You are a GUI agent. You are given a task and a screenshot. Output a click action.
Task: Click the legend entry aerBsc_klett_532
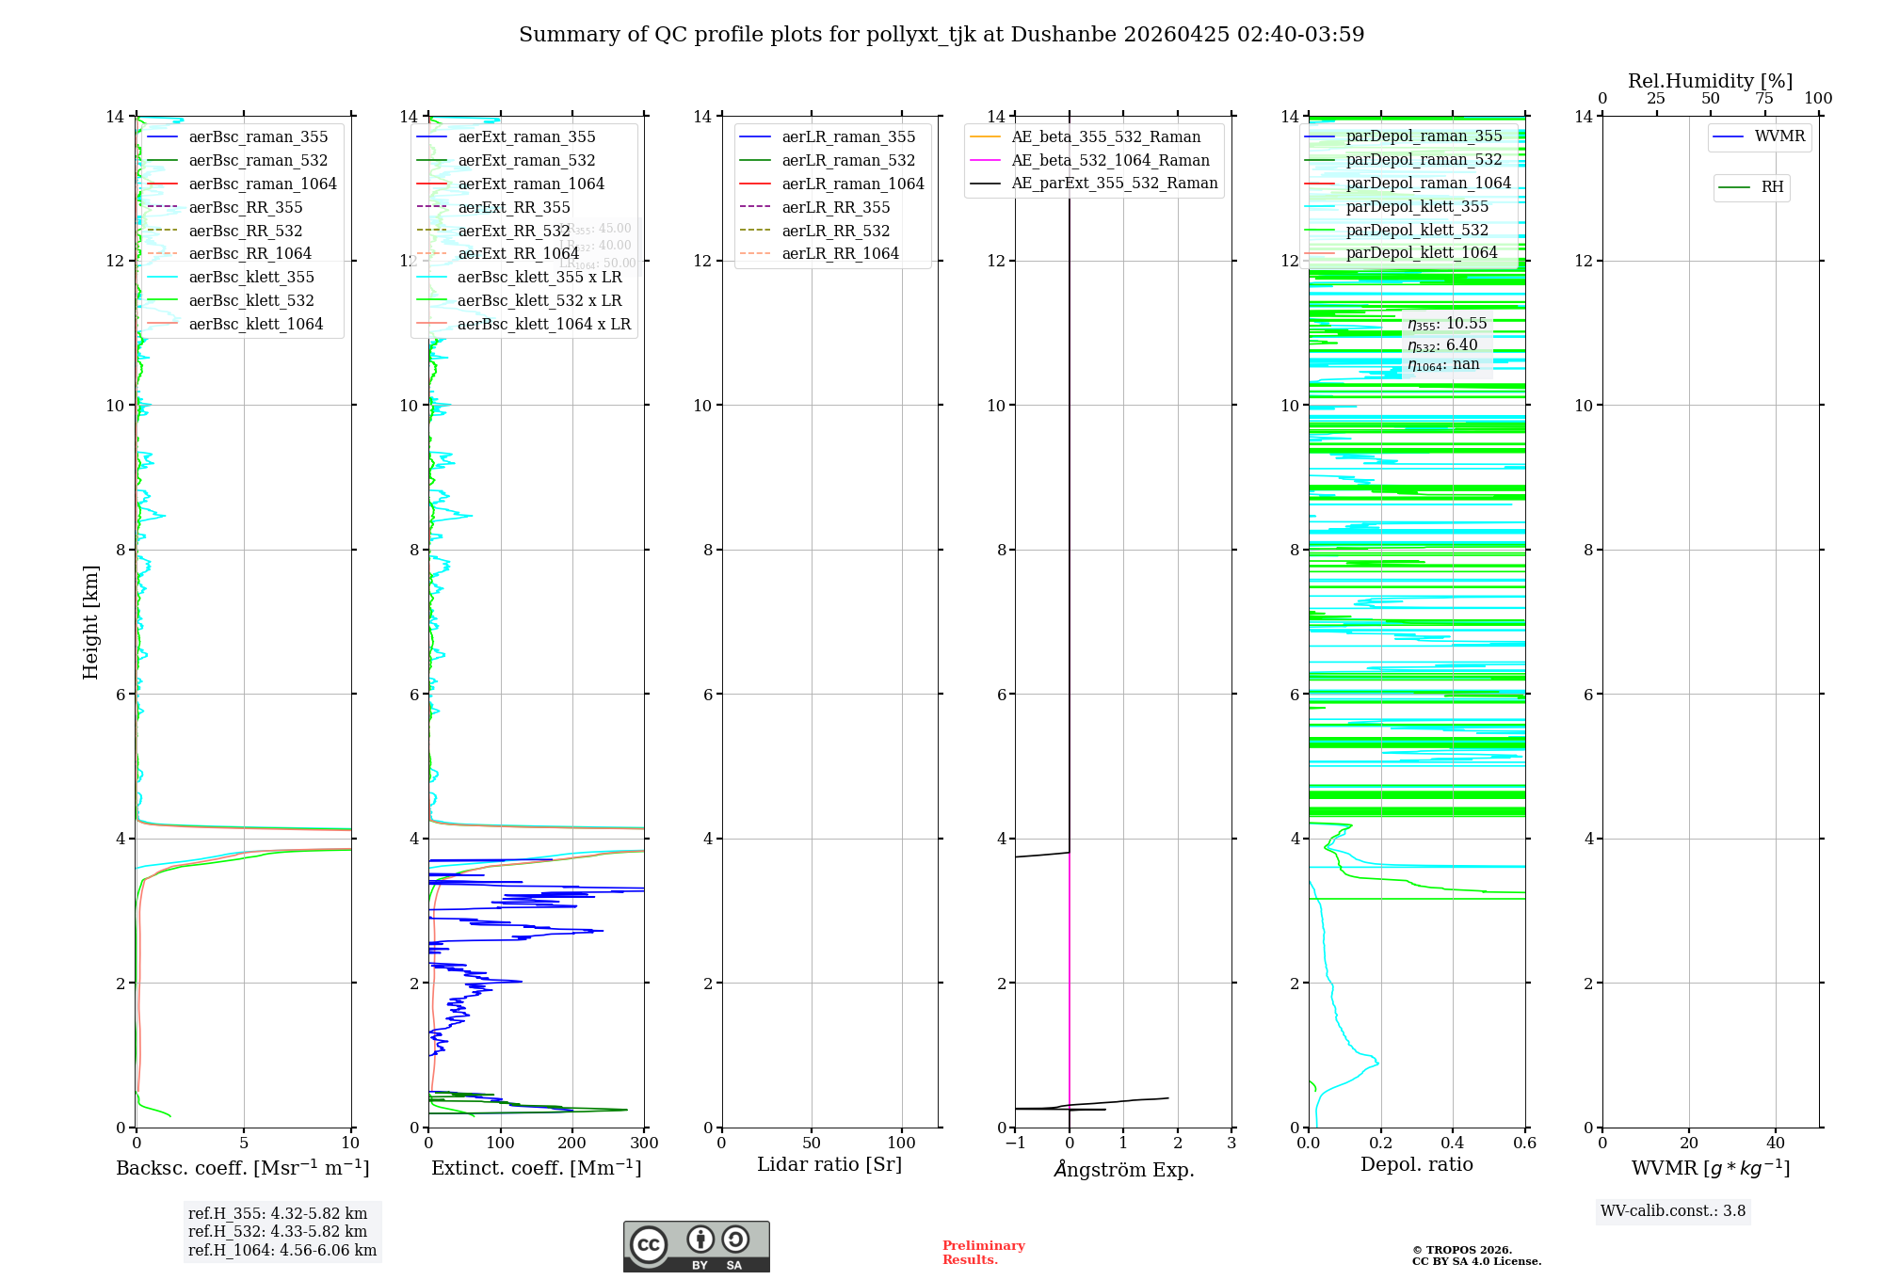251,301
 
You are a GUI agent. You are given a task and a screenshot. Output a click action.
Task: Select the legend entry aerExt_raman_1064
531,184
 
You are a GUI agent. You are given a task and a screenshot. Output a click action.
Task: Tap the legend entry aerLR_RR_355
835,208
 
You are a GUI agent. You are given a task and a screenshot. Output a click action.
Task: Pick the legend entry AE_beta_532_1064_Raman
1110,161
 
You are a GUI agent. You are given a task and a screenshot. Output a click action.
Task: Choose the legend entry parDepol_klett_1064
1421,253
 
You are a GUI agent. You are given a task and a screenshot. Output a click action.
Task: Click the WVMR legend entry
1779,136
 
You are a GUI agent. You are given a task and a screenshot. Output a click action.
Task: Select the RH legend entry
1772,187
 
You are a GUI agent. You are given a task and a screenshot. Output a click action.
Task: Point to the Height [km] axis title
90,622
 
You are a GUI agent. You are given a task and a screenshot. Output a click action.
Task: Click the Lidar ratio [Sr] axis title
829,1165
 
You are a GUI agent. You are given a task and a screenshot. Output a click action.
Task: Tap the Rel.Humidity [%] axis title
1710,81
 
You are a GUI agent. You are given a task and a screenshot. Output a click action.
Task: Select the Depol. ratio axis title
1416,1165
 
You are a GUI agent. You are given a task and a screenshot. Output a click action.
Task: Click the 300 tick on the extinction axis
644,1144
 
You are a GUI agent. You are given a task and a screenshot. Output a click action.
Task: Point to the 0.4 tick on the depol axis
1453,1144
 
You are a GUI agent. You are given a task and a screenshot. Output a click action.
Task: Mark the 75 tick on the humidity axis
1764,99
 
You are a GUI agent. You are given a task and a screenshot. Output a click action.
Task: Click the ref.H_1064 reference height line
282,1251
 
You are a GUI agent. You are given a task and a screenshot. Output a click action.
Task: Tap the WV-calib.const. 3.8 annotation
1673,1211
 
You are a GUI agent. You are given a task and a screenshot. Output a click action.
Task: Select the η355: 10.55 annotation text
1447,324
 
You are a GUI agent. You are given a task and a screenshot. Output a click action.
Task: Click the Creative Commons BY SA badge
696,1247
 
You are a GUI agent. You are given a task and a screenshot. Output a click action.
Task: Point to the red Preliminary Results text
983,1253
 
